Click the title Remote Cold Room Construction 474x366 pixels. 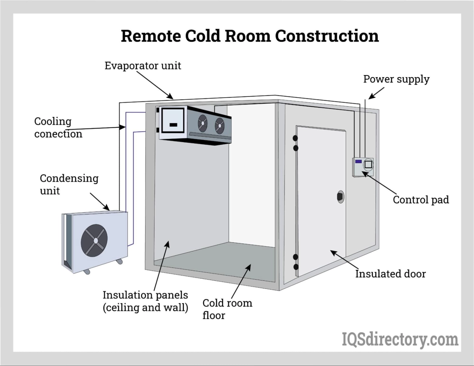250,36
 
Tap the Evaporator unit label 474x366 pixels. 143,66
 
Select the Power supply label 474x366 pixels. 396,79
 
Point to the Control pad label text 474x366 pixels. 420,200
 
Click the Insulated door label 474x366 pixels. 390,274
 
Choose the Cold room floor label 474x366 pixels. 227,309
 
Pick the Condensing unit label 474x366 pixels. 69,184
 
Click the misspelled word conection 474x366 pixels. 58,134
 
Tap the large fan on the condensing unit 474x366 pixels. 94,240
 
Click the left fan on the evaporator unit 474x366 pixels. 203,123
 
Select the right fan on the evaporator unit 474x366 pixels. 219,126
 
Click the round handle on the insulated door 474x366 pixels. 340,197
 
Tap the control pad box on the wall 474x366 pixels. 363,167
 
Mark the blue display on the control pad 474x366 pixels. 358,161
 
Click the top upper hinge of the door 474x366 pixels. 295,138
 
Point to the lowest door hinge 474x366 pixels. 296,267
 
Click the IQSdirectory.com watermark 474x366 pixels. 400,339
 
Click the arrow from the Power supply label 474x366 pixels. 376,93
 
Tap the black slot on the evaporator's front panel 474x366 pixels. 174,125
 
